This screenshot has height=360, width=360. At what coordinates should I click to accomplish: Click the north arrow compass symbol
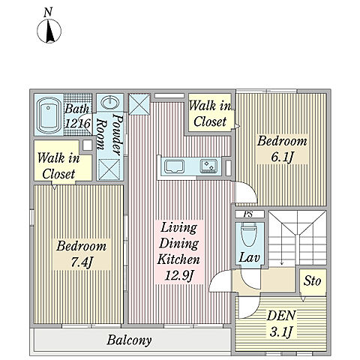point(49,31)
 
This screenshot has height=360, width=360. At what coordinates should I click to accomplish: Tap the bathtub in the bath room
point(49,115)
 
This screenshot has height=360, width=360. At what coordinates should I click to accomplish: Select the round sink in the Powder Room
point(110,103)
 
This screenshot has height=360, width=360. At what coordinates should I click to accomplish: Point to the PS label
point(249,214)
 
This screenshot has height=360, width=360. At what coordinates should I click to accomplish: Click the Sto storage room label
point(312,281)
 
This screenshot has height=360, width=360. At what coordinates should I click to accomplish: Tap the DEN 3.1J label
point(281,324)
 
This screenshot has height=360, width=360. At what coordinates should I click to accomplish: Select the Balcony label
point(129,340)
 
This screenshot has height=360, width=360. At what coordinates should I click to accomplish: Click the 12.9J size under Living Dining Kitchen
point(179,275)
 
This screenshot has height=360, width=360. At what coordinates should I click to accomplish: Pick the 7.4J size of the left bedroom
point(82,262)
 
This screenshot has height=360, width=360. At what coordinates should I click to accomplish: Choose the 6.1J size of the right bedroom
point(282,157)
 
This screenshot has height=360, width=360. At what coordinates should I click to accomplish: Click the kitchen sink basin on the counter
point(174,166)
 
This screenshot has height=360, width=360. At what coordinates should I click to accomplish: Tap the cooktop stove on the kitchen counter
point(208,166)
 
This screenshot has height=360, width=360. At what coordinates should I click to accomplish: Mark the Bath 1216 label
point(77,116)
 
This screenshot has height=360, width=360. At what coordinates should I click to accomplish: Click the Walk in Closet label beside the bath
point(58,166)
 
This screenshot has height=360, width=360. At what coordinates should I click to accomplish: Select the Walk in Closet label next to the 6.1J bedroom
point(210,114)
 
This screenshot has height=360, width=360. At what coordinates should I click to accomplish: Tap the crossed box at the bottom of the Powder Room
point(109,169)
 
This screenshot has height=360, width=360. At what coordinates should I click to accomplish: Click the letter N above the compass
point(48,13)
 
